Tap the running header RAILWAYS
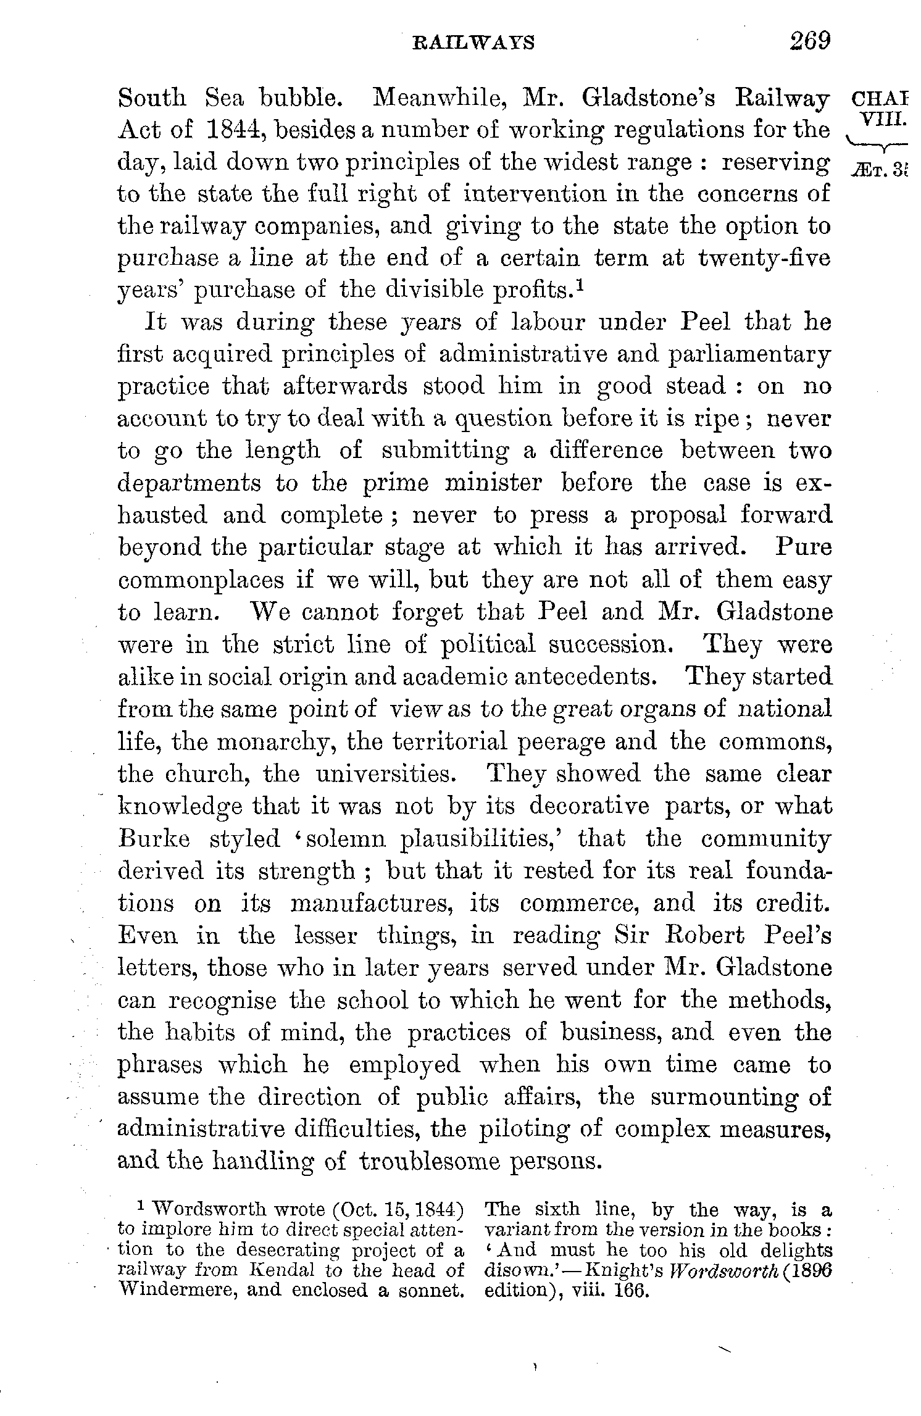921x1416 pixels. (473, 43)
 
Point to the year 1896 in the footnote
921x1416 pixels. (806, 1270)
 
